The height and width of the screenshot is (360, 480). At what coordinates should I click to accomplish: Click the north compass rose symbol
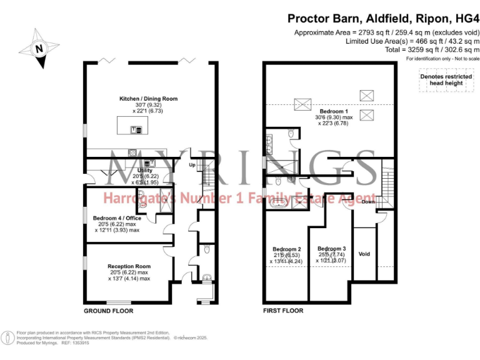point(39,47)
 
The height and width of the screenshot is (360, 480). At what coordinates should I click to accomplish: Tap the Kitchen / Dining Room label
point(148,99)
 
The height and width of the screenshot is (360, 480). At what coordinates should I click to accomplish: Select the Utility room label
point(144,170)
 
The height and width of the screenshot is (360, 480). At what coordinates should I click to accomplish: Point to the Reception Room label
point(129,266)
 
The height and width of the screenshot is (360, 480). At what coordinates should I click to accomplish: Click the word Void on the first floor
point(364,254)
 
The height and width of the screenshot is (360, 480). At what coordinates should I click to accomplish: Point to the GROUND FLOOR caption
point(108,311)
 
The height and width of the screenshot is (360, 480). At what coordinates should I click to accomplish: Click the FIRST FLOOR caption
point(283,311)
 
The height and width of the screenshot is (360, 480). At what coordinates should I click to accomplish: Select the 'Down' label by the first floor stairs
point(369,202)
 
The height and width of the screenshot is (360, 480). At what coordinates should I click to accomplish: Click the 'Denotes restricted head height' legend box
point(441,79)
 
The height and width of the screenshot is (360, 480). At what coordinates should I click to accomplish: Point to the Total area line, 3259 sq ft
point(423,49)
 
